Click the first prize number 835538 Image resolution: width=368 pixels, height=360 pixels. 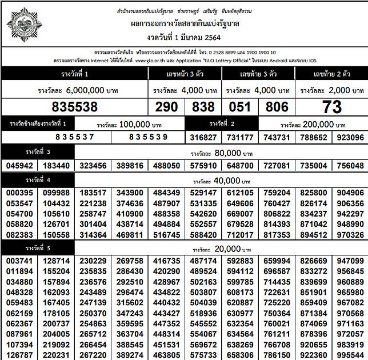tap(75, 107)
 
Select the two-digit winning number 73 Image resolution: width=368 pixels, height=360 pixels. tap(332, 107)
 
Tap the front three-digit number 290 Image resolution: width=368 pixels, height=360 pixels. tap(167, 107)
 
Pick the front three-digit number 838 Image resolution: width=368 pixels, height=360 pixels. tap(203, 107)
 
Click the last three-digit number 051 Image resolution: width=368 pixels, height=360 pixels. tap(241, 107)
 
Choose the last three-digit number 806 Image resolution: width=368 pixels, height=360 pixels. tap(277, 107)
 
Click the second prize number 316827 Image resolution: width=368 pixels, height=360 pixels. tap(203, 137)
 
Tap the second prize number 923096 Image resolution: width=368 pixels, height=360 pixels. tap(350, 137)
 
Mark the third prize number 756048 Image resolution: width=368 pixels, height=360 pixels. tap(350, 165)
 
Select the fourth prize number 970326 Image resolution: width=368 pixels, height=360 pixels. tap(350, 234)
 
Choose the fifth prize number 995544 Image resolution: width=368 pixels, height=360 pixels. tap(350, 354)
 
